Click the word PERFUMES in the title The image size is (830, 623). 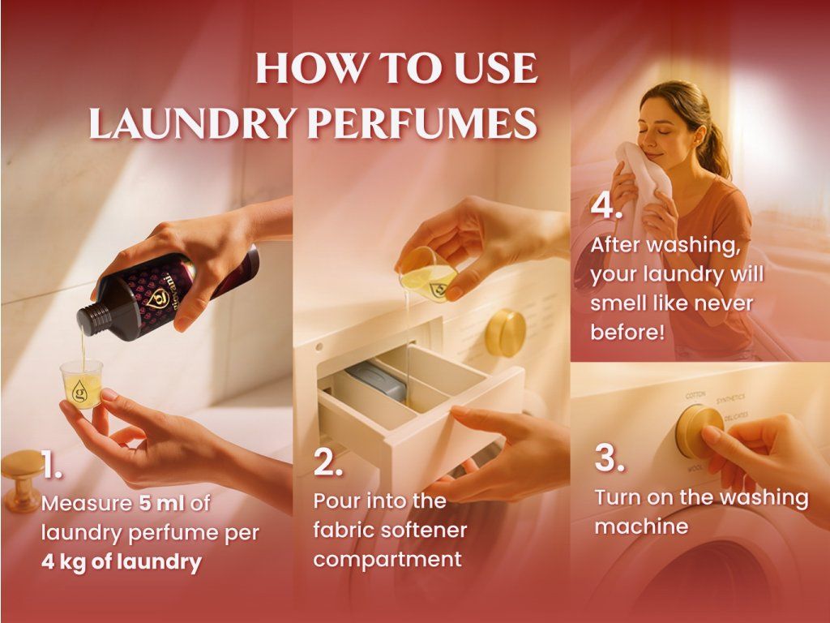(422, 123)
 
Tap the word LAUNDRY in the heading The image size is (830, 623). (191, 123)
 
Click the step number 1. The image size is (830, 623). (52, 465)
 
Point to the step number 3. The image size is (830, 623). (610, 458)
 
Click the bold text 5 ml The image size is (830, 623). (162, 503)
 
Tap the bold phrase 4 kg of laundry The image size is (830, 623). (122, 561)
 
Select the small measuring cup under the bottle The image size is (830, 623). (81, 385)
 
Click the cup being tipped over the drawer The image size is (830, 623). (428, 275)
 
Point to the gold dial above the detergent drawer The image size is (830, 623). (506, 333)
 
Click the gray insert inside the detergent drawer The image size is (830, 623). (377, 380)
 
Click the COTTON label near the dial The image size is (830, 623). (695, 395)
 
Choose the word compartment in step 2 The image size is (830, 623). (387, 560)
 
